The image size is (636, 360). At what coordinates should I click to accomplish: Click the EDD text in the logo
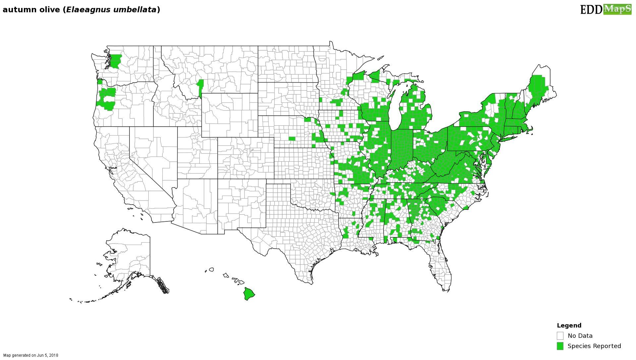[x=591, y=10]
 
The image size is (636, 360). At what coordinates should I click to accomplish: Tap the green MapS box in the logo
[x=617, y=9]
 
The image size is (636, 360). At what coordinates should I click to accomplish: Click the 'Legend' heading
[x=569, y=326]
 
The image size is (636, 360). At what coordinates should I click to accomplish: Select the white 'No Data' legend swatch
[x=560, y=336]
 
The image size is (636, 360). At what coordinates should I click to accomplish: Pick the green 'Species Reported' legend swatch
[x=560, y=346]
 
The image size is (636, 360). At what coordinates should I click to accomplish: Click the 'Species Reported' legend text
[x=594, y=346]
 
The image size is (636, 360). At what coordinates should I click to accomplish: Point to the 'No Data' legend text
[x=580, y=336]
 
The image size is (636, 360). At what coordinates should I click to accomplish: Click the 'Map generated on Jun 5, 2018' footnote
[x=31, y=355]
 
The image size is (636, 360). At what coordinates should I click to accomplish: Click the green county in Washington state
[x=116, y=61]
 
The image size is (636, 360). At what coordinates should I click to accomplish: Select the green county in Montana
[x=200, y=87]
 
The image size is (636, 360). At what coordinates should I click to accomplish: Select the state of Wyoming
[x=230, y=115]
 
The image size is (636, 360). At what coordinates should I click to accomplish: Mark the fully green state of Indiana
[x=401, y=149]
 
